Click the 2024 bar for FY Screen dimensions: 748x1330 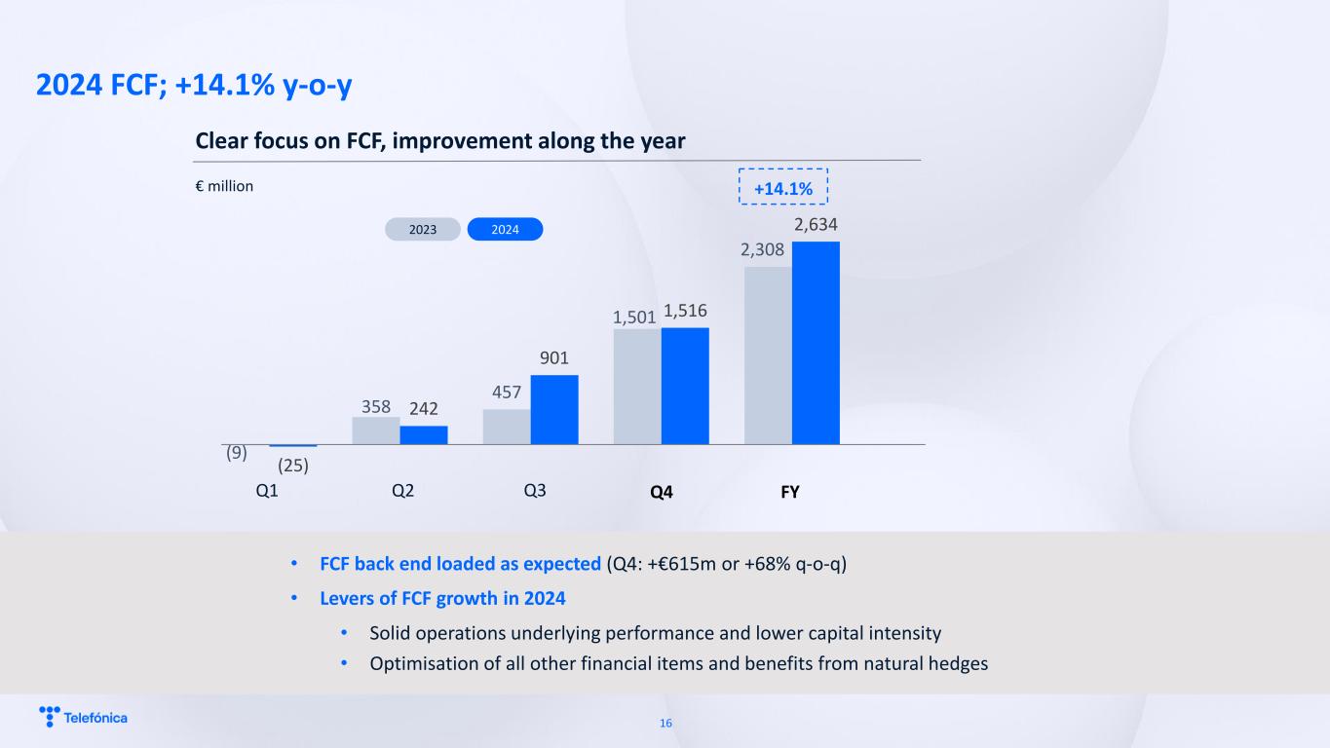[x=816, y=343]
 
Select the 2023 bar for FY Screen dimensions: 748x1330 [x=768, y=355]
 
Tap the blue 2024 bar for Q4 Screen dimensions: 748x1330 [x=685, y=386]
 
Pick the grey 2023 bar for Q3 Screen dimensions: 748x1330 [x=507, y=427]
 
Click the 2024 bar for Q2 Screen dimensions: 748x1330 [x=424, y=434]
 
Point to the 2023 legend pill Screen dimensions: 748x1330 [x=422, y=230]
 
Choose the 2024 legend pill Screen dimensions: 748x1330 [x=505, y=230]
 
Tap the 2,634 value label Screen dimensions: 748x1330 [x=816, y=226]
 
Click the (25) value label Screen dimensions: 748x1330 [x=293, y=466]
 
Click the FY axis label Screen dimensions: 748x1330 [x=790, y=493]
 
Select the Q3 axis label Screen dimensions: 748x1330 [x=534, y=492]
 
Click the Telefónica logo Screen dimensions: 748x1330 [x=83, y=718]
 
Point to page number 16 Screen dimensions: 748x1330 [x=666, y=724]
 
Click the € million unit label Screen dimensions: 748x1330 [x=224, y=186]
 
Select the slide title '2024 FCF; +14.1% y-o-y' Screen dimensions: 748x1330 [x=194, y=86]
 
